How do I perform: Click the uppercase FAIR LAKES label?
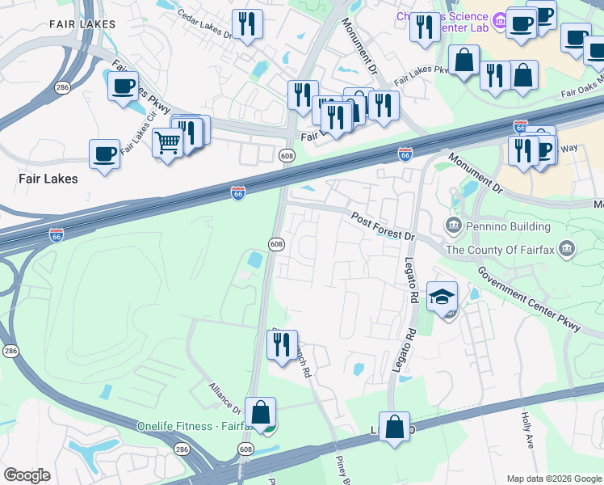[x=78, y=25]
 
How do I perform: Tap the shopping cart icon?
[x=167, y=143]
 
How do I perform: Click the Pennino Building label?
[x=501, y=224]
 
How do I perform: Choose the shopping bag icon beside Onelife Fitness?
[x=261, y=411]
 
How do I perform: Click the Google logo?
[x=27, y=475]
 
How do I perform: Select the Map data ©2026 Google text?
[x=553, y=478]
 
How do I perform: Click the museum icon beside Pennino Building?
[x=452, y=224]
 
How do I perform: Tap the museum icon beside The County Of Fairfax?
[x=568, y=247]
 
